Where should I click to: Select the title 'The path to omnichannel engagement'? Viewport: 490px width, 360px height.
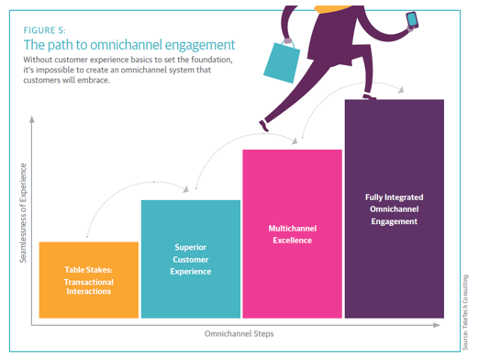129,44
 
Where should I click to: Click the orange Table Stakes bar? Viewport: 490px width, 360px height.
89,280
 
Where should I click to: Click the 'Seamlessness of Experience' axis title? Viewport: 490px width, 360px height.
24,213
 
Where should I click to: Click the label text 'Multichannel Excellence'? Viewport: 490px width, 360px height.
292,233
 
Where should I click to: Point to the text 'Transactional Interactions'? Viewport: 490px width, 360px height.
88,286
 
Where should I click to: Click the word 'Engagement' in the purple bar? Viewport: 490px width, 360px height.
395,221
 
